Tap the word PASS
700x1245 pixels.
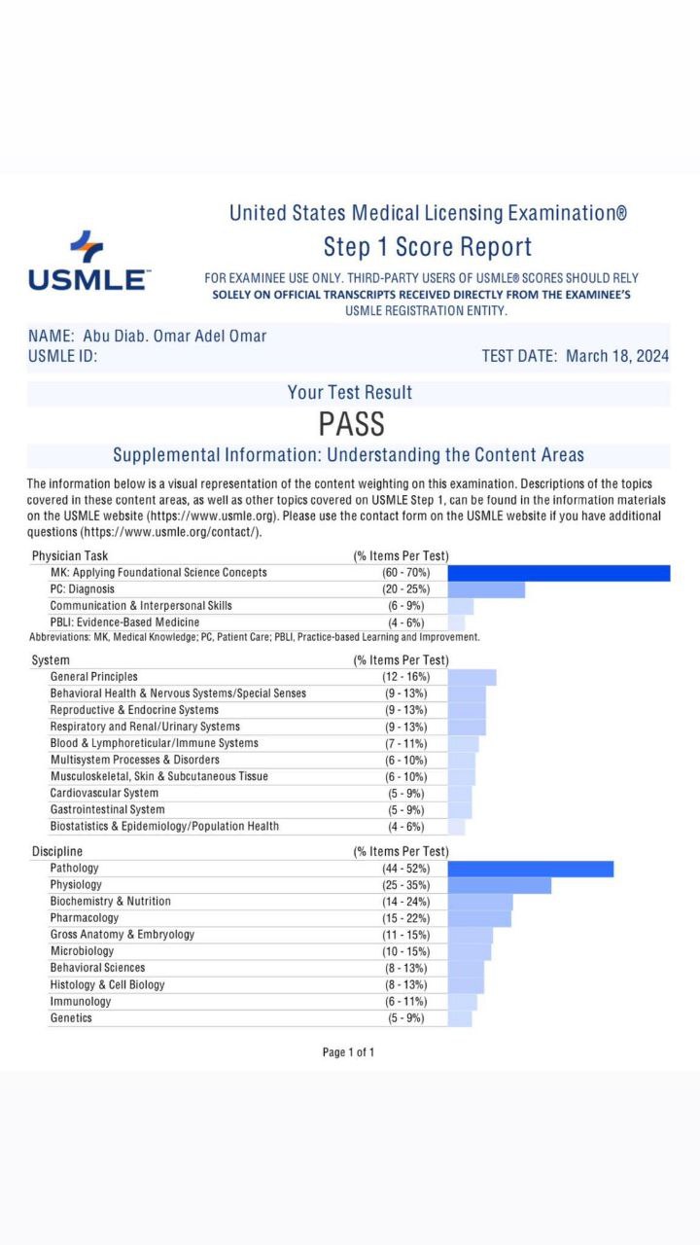[351, 424]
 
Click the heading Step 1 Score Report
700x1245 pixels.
[428, 247]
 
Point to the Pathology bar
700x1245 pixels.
[530, 869]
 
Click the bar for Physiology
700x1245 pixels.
[499, 885]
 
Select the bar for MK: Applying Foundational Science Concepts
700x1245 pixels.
[558, 573]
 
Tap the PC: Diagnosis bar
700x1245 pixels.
[485, 589]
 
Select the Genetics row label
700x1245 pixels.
[71, 1017]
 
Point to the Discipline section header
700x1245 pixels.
[57, 852]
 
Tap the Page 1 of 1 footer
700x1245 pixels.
[348, 1052]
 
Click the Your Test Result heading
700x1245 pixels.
[350, 393]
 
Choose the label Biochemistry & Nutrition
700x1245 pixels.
[110, 902]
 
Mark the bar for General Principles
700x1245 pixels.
[472, 677]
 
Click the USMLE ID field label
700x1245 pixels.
[63, 356]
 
